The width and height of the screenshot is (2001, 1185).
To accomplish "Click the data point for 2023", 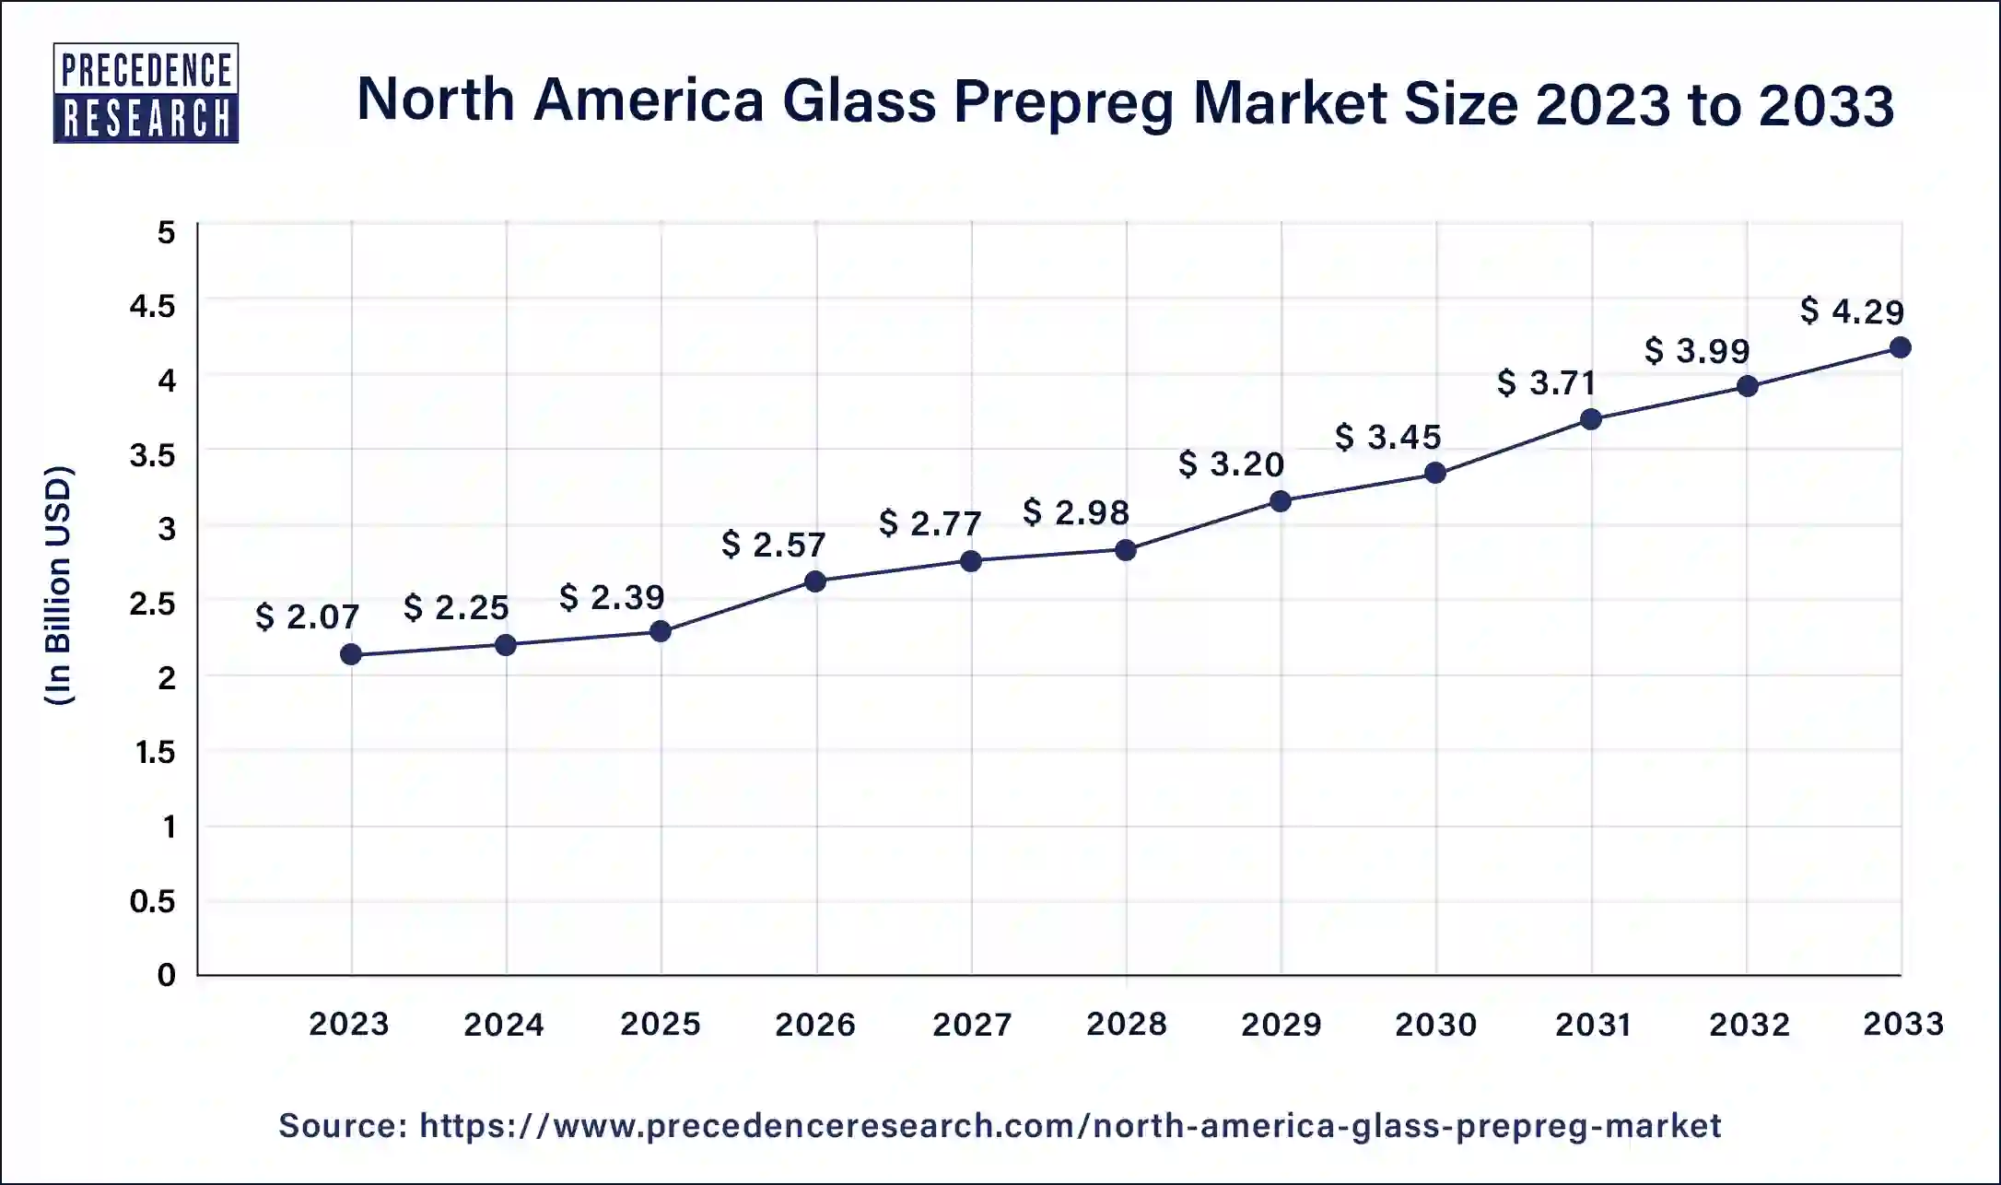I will coord(351,654).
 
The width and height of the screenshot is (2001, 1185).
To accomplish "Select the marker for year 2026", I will coord(815,581).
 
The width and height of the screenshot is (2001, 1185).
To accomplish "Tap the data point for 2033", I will coord(1900,347).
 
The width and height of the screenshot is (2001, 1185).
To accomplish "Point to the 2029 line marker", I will coord(1281,501).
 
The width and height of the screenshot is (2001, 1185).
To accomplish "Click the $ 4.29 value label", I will coord(1852,311).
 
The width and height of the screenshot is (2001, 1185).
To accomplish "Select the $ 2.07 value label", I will coord(307,616).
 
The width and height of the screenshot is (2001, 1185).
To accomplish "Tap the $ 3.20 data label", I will coord(1231,463).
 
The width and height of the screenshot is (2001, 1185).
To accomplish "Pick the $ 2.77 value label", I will coord(930,523).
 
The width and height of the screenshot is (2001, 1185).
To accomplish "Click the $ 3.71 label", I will coord(1546,382).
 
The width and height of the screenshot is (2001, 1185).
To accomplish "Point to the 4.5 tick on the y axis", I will coord(153,306).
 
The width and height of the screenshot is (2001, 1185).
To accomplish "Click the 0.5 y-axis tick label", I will coord(153,900).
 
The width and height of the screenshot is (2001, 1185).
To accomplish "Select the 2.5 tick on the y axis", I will coord(153,604).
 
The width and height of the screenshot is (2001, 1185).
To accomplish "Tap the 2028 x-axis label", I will coord(1126,1024).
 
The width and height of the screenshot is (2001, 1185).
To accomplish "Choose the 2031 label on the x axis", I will coord(1593,1024).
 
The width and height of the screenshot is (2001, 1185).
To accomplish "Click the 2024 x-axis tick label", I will coord(504,1024).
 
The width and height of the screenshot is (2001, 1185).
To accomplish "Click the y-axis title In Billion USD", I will coord(58,586).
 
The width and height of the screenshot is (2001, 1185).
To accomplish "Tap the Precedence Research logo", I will coord(146,93).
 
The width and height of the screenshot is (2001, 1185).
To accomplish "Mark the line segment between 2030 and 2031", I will coord(1513,447).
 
